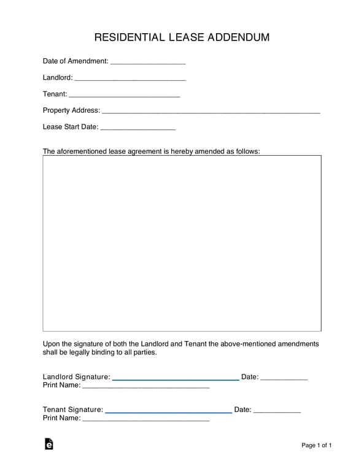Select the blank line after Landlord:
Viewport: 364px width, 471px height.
click(130, 79)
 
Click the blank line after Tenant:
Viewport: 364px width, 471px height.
click(124, 96)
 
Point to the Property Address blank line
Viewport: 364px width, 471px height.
click(211, 112)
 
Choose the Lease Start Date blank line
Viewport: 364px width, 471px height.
click(137, 129)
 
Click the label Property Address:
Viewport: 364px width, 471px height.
click(71, 110)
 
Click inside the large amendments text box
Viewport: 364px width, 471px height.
click(182, 243)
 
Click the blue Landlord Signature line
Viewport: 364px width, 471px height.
click(176, 380)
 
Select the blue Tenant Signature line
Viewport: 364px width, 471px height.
click(169, 412)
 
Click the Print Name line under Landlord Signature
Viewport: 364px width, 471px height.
click(145, 388)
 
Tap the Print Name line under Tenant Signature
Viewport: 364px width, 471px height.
click(145, 420)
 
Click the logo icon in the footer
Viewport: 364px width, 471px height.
click(48, 445)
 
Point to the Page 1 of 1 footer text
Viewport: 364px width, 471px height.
click(317, 445)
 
